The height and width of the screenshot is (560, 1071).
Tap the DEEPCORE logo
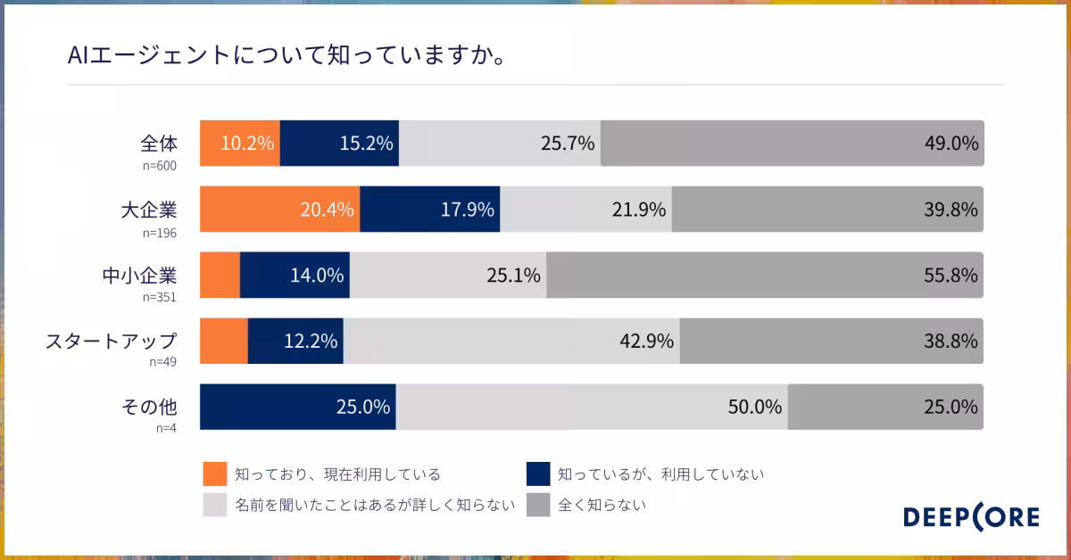971,517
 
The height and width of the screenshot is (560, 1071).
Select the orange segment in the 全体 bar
239,143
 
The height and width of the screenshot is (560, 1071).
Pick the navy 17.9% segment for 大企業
429,210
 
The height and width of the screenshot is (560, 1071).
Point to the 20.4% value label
327,210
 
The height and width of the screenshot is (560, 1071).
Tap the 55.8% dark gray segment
765,275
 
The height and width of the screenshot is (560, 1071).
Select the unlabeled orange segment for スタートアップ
223,341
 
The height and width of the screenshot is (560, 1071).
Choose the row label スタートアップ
112,341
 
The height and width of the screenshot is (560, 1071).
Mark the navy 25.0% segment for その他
297,407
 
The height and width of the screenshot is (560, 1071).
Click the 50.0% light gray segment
591,407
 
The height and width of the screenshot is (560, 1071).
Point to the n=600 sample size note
161,165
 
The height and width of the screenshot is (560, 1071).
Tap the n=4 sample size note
167,428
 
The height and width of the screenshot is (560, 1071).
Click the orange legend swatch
215,474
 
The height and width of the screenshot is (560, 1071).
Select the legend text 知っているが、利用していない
661,474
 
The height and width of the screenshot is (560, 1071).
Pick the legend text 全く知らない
602,505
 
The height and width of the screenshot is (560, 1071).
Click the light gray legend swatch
215,505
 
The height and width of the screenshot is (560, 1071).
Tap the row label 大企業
149,210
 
